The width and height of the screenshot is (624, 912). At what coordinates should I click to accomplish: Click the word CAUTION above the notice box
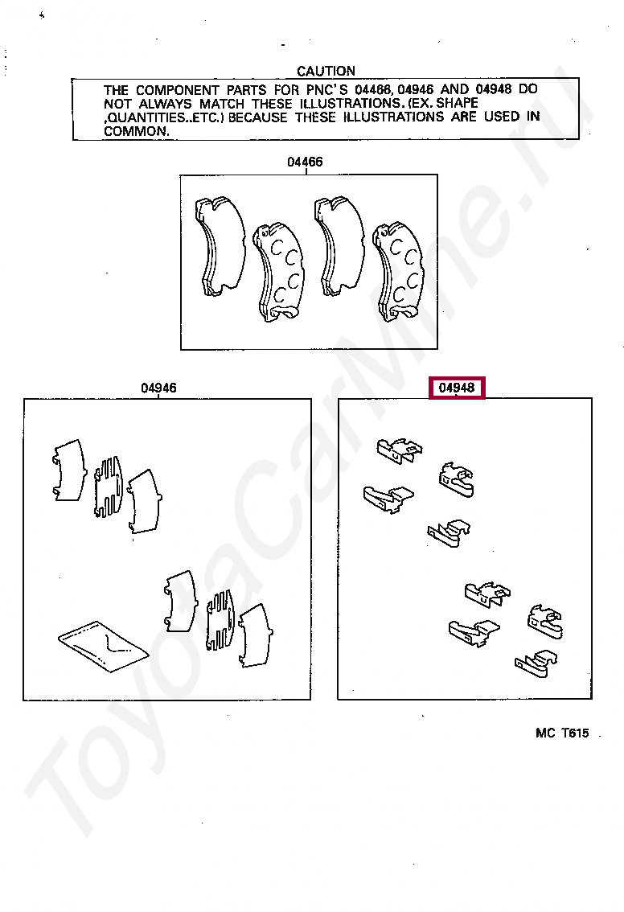click(326, 71)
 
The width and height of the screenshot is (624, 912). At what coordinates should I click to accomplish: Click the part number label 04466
click(306, 162)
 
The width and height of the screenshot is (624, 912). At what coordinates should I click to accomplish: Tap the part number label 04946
click(158, 388)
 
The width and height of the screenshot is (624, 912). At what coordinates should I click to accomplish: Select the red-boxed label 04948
click(457, 388)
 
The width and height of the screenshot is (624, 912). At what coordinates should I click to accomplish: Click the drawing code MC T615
click(562, 733)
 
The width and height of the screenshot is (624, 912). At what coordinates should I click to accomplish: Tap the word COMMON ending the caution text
click(137, 131)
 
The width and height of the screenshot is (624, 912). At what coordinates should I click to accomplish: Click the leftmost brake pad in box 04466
click(220, 246)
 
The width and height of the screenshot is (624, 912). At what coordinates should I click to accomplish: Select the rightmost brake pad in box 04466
click(399, 271)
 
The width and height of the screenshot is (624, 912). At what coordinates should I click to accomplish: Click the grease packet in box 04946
click(104, 646)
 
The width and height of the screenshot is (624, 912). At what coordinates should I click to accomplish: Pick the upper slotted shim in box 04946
click(109, 487)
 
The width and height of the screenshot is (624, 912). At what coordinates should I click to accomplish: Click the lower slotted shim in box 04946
click(221, 620)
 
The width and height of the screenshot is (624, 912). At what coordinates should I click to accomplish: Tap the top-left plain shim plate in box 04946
click(70, 470)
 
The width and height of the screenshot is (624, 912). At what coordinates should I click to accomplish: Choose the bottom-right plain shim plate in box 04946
click(257, 635)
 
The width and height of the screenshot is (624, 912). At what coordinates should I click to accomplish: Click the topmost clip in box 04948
click(400, 450)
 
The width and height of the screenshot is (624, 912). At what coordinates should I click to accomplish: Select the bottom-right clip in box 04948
click(536, 664)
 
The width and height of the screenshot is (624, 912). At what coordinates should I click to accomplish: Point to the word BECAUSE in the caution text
click(257, 117)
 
